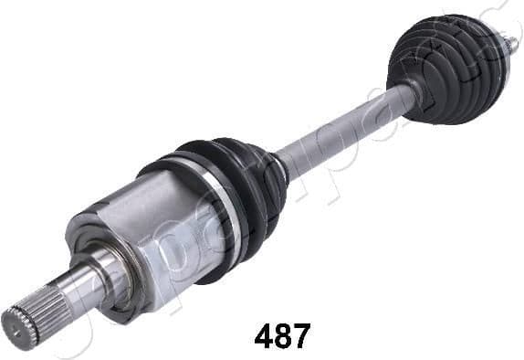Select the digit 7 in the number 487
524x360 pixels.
301,335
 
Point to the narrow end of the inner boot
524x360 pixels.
278,169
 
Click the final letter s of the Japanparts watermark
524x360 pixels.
493,18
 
